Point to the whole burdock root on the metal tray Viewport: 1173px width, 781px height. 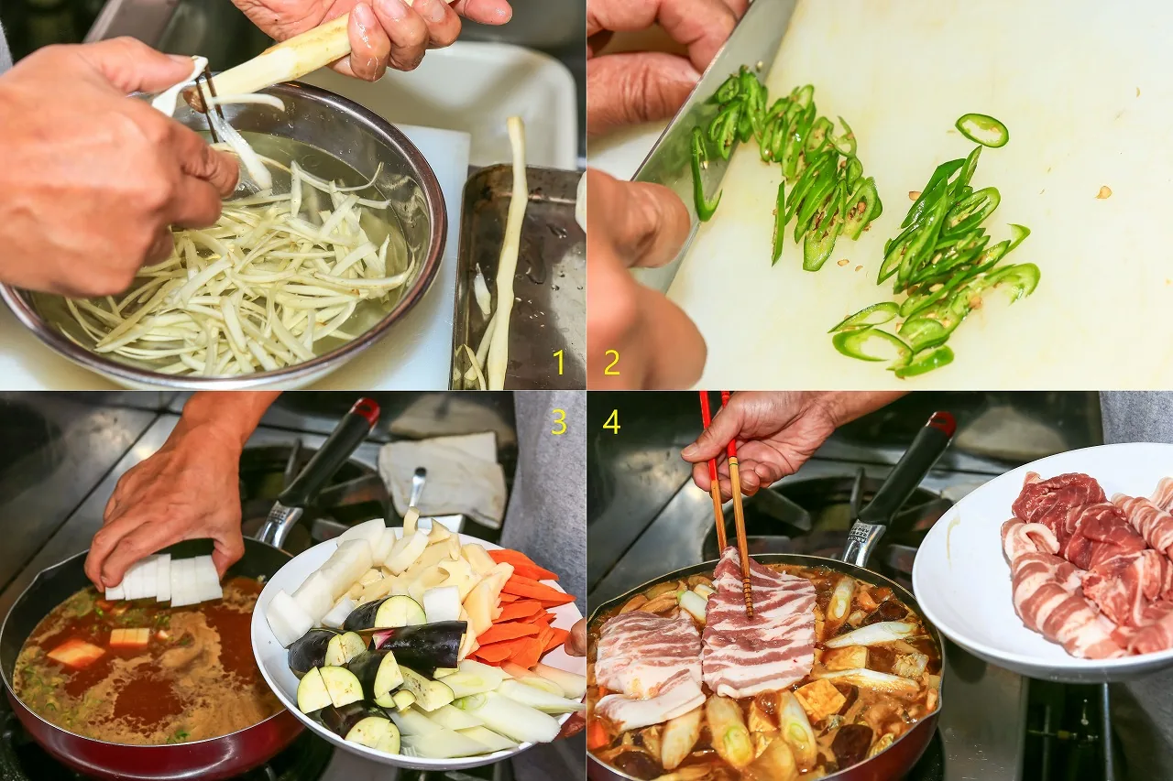[503, 251]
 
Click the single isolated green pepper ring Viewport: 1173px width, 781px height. [981, 129]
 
